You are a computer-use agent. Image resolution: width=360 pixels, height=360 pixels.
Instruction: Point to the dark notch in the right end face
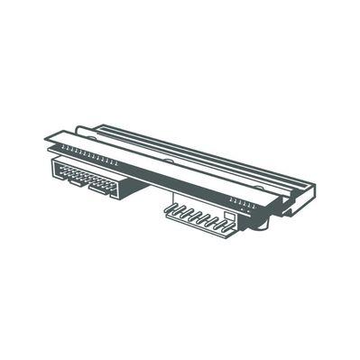(x=296, y=208)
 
